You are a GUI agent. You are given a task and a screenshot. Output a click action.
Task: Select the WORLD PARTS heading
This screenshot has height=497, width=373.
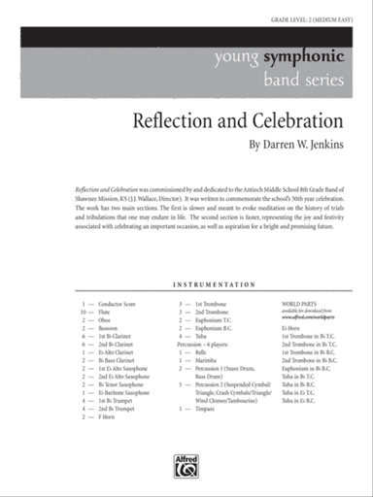click(299, 305)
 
